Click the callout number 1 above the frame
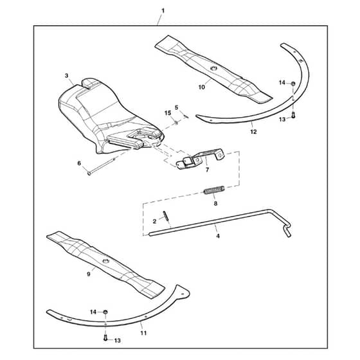tap(163, 10)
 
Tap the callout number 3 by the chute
tap(67, 76)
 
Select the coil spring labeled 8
tap(214, 190)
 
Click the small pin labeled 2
tap(166, 216)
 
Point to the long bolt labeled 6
tap(102, 166)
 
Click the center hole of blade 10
tap(214, 68)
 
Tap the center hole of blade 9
tap(106, 260)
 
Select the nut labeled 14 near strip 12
tap(293, 84)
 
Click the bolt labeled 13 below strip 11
tap(105, 337)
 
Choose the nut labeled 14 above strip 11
tap(105, 312)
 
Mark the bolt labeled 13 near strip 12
tap(293, 115)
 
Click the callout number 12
tap(253, 132)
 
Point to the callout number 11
tap(143, 333)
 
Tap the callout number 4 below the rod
tap(218, 236)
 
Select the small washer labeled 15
tap(176, 123)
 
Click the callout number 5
tap(176, 107)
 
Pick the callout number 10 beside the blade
tap(202, 87)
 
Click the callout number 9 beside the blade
tap(89, 274)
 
